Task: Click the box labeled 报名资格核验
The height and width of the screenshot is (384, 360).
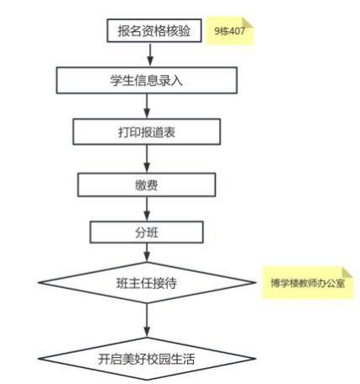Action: [x=154, y=30]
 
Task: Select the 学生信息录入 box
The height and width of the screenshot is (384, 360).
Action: [x=147, y=80]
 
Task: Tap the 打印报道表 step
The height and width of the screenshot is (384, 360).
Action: [x=147, y=131]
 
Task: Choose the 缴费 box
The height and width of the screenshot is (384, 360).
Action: [x=147, y=184]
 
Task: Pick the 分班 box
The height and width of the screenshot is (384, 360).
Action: [x=147, y=232]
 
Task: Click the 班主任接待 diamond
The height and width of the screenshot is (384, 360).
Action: [x=147, y=283]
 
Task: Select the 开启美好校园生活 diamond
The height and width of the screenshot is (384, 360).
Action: [x=147, y=359]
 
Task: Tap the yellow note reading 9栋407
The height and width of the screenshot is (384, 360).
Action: [x=230, y=31]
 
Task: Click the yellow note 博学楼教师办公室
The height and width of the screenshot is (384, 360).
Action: [x=308, y=283]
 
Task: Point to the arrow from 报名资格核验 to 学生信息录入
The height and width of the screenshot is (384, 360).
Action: [x=150, y=55]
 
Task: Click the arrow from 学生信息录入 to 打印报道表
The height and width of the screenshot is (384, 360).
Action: [x=147, y=106]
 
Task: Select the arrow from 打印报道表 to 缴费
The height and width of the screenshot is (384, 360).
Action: [x=147, y=158]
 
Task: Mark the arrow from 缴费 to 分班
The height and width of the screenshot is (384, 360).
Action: [x=147, y=209]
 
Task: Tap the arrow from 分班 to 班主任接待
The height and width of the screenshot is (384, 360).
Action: [x=147, y=253]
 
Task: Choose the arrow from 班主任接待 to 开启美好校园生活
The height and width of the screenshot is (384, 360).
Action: [x=147, y=320]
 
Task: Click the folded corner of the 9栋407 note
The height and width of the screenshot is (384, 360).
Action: [x=247, y=23]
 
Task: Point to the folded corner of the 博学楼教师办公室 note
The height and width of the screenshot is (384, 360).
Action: [x=347, y=273]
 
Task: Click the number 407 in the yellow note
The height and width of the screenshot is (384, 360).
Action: [x=237, y=31]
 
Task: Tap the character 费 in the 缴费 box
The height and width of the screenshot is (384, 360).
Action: [x=153, y=185]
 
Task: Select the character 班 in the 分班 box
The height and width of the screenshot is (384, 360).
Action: [x=153, y=232]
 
